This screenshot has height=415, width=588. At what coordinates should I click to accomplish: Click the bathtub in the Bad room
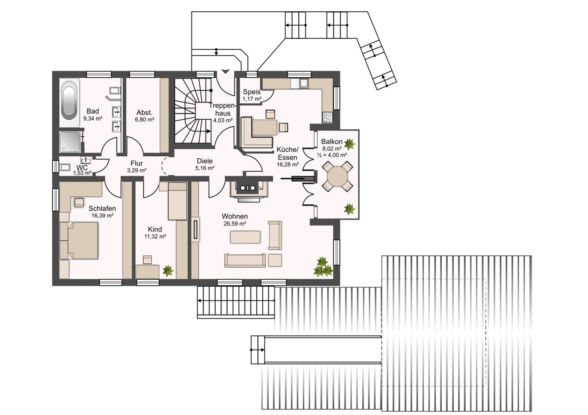coord(70,102)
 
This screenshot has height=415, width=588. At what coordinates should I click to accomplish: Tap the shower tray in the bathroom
coord(70,142)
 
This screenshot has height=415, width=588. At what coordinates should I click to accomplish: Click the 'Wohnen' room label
coord(235,216)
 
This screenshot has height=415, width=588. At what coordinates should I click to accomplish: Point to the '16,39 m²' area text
coord(103,215)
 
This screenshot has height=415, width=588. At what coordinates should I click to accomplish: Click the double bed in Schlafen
coord(79,241)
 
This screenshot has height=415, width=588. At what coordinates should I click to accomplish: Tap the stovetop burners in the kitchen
coord(327,117)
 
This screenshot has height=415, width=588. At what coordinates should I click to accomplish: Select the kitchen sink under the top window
coord(304,83)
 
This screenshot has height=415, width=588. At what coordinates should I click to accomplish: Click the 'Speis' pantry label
coord(251,92)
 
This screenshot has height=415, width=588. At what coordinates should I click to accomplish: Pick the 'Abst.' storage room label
coord(145,113)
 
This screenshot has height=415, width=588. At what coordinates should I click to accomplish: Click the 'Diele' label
coord(205,161)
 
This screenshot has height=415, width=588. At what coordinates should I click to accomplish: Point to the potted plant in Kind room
coord(168,271)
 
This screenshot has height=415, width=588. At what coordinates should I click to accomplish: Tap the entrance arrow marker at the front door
coord(225,71)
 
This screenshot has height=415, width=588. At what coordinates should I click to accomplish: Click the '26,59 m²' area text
coord(235,224)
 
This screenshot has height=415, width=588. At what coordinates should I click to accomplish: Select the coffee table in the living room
coord(245,237)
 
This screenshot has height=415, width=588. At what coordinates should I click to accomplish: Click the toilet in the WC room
coord(65,167)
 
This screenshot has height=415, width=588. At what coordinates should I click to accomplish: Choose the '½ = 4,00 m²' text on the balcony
coord(332,155)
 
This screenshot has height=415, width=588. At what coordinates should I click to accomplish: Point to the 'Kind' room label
coord(155,229)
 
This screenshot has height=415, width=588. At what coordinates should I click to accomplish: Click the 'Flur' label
coord(137,163)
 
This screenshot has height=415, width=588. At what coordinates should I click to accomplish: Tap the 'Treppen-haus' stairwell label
coord(223,109)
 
